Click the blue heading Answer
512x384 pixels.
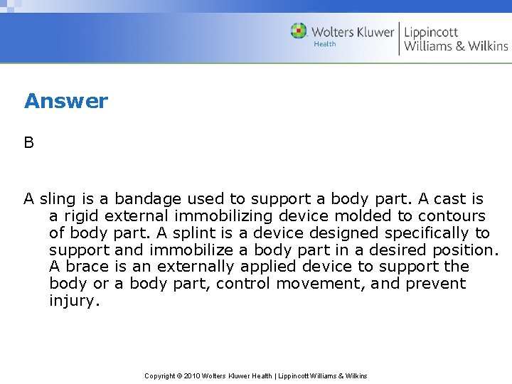pyautogui.click(x=65, y=101)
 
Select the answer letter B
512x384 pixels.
pyautogui.click(x=28, y=143)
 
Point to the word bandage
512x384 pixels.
pyautogui.click(x=146, y=199)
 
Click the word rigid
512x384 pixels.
pyautogui.click(x=80, y=216)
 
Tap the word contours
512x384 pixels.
pyautogui.click(x=452, y=216)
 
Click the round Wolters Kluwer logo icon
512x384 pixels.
pyautogui.click(x=299, y=31)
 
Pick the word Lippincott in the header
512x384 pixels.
pyautogui.click(x=431, y=31)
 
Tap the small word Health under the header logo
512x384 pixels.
pyautogui.click(x=324, y=44)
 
